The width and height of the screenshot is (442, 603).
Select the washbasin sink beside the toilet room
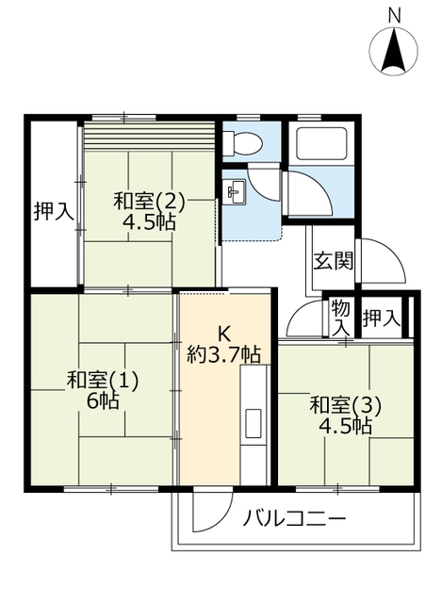coord(235,190)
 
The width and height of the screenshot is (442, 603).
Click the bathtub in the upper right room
coord(321,142)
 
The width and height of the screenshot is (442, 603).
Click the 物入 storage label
coord(341,318)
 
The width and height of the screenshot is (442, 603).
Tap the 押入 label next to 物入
coord(382,318)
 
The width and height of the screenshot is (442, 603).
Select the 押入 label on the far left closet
coord(53,212)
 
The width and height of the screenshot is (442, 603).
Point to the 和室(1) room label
coord(103,381)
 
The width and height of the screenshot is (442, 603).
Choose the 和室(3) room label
coord(346,406)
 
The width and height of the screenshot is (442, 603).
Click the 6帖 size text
coord(103,401)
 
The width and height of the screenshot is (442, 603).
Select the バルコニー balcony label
coord(294,518)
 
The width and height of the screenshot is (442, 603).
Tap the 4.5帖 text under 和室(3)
coord(346,427)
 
